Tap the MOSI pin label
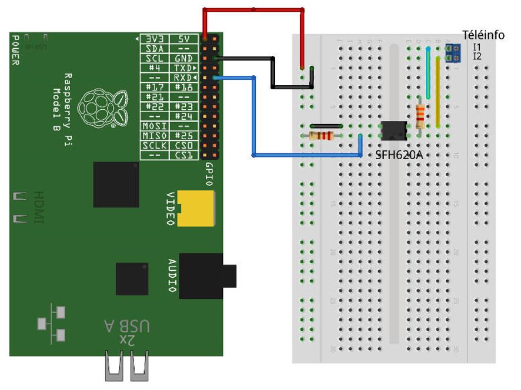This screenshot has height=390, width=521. (153, 126)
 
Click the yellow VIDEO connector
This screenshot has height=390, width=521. (196, 209)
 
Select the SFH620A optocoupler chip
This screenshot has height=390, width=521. (393, 130)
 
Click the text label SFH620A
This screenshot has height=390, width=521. (399, 155)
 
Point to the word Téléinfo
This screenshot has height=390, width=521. (483, 35)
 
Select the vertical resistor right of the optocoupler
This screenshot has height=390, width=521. (420, 116)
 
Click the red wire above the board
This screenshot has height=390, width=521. (253, 9)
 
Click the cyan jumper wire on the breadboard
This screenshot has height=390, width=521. (428, 73)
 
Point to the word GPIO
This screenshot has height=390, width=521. (210, 173)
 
